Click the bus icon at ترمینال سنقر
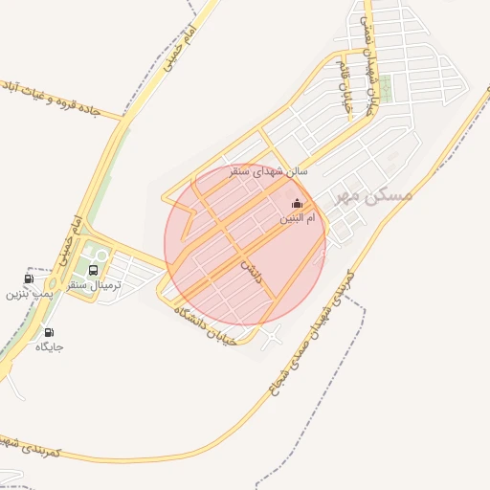click(93, 271)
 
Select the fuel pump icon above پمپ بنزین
click(28, 279)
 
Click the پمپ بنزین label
click(27, 294)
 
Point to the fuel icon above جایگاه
click(49, 333)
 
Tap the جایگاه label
click(49, 347)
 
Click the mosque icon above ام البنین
click(296, 203)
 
